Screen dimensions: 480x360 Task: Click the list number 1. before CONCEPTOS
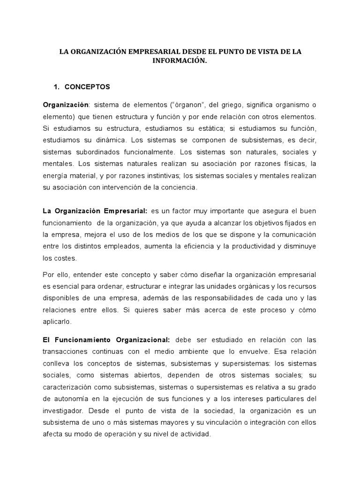point(58,87)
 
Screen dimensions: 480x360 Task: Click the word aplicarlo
point(57,322)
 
